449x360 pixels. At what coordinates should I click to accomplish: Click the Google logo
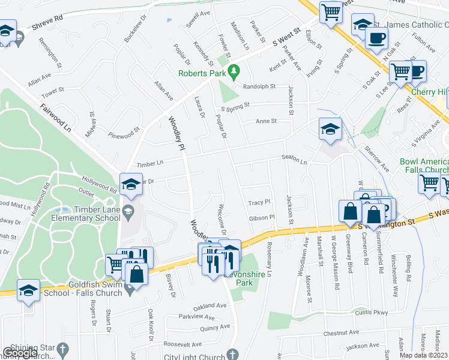(20, 353)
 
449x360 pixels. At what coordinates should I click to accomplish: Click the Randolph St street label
(259, 86)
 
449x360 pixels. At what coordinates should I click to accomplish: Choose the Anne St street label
(266, 121)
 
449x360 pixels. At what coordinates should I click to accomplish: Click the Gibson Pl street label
(261, 217)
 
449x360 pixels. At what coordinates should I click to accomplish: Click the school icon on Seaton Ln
(330, 130)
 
